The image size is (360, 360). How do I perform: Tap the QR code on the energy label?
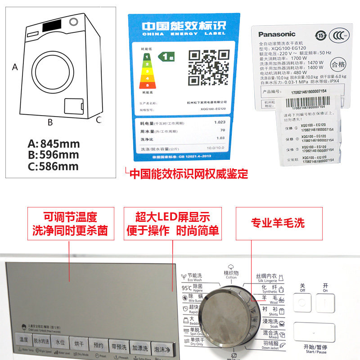(x=207, y=68)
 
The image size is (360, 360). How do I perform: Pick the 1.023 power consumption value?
(x=220, y=122)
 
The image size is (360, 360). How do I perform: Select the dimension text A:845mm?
(x=54, y=144)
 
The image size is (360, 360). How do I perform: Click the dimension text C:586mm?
(x=54, y=166)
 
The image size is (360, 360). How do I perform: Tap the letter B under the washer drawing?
(x=50, y=122)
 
